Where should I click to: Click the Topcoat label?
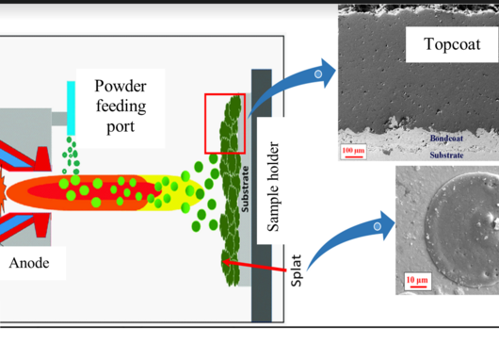[452, 44]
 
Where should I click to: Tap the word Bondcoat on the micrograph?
[446, 139]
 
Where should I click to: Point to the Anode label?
[29, 263]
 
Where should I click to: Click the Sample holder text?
[273, 187]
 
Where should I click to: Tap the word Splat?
[296, 270]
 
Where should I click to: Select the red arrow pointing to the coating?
[254, 266]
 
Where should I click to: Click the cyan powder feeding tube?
[71, 108]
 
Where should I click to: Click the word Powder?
[121, 86]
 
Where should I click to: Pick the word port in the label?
[121, 127]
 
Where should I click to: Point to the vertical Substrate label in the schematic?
[245, 188]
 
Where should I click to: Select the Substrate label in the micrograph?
[446, 155]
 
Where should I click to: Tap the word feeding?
[121, 106]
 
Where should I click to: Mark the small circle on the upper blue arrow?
[318, 74]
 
